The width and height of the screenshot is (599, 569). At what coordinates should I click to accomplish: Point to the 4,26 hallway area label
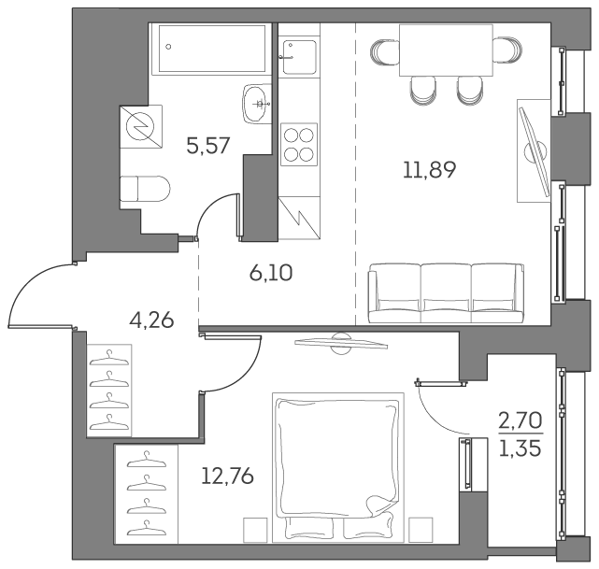151,322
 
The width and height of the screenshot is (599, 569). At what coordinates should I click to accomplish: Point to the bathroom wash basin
255,103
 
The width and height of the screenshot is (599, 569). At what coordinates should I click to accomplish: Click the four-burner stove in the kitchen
299,144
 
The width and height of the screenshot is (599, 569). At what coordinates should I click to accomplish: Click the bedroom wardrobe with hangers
145,493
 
